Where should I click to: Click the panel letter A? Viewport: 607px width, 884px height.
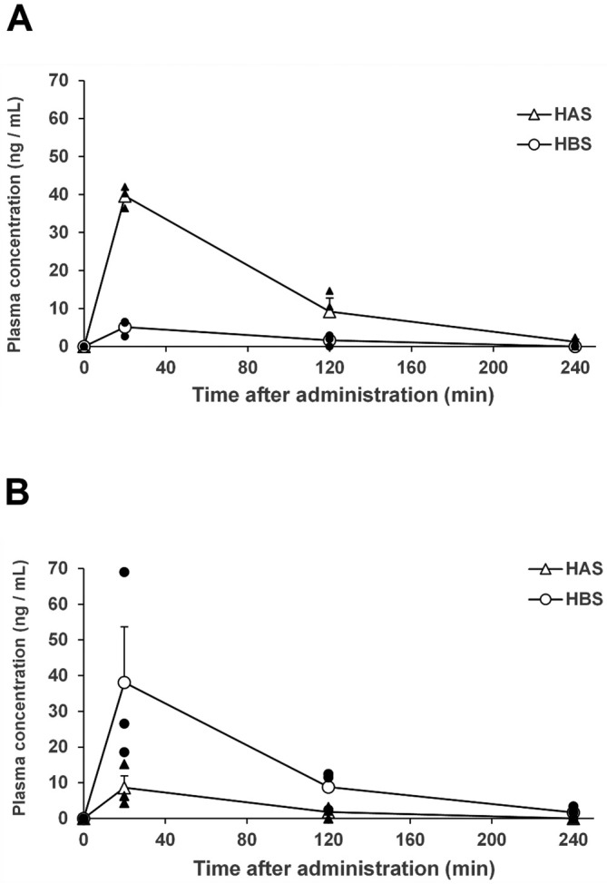[20, 19]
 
